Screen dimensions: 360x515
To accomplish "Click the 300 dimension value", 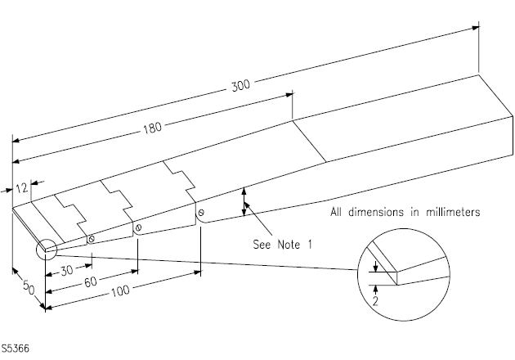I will [241, 84].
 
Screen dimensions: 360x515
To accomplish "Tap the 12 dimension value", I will [22, 187].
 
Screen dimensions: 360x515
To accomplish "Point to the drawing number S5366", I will [16, 350].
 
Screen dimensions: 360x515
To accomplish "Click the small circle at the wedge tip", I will [44, 249].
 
